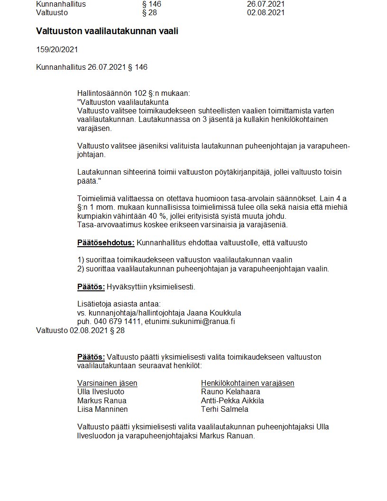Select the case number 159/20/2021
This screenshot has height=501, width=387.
point(57,49)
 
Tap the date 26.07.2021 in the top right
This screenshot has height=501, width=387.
point(266,4)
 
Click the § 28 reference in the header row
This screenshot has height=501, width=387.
point(149,13)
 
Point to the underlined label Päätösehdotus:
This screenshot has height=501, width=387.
point(106,243)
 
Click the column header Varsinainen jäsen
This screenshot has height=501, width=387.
point(107,383)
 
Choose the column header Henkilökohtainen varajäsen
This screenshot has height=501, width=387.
point(248,383)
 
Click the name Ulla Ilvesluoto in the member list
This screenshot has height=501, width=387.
point(101,392)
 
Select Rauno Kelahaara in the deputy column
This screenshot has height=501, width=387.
point(230,392)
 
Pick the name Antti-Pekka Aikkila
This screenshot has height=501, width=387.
point(232,400)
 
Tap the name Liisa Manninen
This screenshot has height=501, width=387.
point(102,409)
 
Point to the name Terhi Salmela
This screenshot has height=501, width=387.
point(225,409)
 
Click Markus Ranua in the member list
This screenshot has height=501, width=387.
point(101,400)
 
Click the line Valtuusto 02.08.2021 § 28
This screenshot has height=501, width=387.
point(80,330)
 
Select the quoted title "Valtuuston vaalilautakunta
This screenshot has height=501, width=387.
point(122,102)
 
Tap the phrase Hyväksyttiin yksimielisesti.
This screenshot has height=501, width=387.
point(151,287)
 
